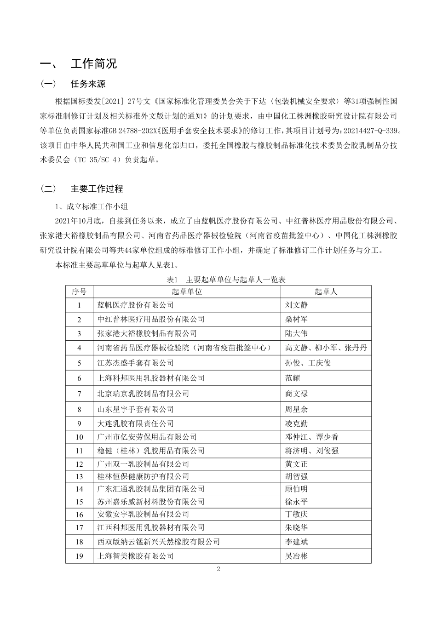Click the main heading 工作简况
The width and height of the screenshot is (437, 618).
tap(94, 63)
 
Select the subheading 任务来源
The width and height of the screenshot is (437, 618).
tap(88, 84)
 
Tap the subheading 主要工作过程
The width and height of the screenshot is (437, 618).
tap(97, 189)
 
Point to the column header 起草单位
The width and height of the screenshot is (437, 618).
tap(187, 292)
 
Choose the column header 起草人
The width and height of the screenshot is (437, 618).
tap(326, 292)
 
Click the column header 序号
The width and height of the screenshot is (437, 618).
tap(79, 292)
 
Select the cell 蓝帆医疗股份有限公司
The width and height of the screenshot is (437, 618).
tap(136, 305)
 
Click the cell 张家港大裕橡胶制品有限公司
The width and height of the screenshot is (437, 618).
tap(147, 333)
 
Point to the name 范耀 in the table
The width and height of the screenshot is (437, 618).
tap(293, 378)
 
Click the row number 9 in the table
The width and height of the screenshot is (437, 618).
tap(79, 423)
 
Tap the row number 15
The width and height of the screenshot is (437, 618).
tap(79, 502)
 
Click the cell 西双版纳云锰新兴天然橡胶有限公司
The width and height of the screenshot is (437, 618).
tap(159, 542)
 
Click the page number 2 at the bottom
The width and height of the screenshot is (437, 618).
tap(218, 569)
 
